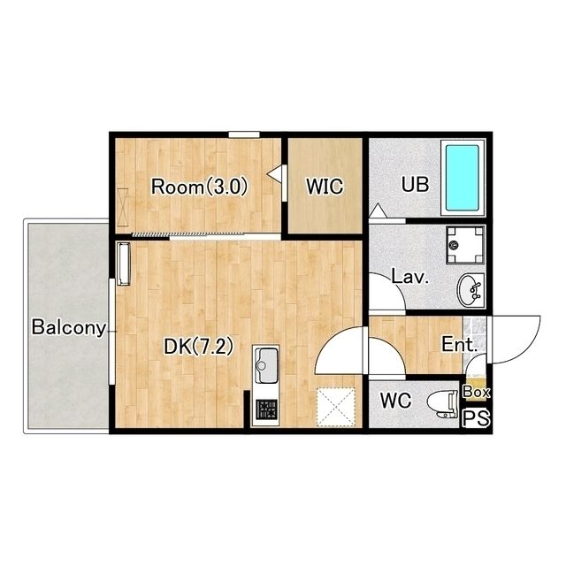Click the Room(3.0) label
199,187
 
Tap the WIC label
325,187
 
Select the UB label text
416,184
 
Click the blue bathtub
462,178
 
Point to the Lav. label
410,278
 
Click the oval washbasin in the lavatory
470,290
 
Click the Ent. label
460,344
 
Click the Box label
476,392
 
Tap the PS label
477,418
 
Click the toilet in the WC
442,403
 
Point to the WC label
396,401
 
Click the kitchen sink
267,365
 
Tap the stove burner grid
266,409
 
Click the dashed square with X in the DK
336,407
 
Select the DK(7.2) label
198,347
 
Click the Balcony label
69,327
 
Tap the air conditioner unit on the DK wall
124,264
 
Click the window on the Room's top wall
244,134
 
